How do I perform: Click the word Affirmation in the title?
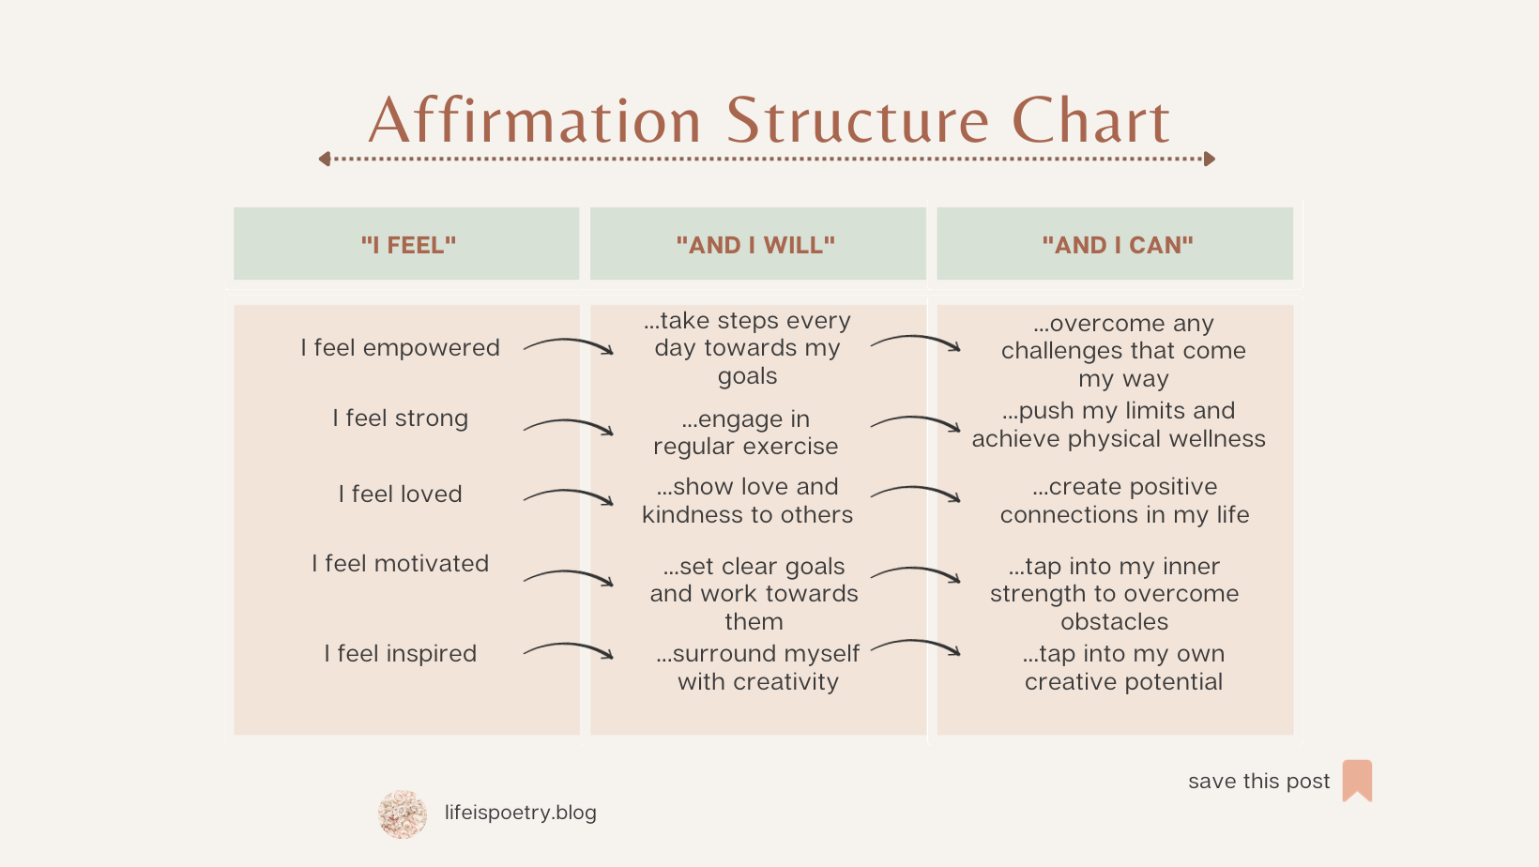pyautogui.click(x=535, y=122)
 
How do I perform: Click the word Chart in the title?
pyautogui.click(x=1090, y=122)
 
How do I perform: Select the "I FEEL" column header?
pyautogui.click(x=408, y=245)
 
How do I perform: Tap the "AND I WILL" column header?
pyautogui.click(x=755, y=245)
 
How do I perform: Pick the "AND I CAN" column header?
pyautogui.click(x=1117, y=245)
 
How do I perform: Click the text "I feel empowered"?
pyautogui.click(x=400, y=348)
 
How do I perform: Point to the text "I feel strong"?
pyautogui.click(x=400, y=418)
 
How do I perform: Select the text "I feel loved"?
pyautogui.click(x=400, y=494)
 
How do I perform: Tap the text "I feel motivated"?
pyautogui.click(x=400, y=564)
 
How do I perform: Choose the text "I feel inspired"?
pyautogui.click(x=400, y=654)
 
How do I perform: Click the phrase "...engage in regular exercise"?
pyautogui.click(x=746, y=433)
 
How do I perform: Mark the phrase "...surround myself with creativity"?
pyautogui.click(x=758, y=668)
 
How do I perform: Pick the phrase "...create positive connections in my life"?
pyautogui.click(x=1124, y=501)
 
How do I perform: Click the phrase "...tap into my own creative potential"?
pyautogui.click(x=1124, y=668)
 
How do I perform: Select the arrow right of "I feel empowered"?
pyautogui.click(x=569, y=346)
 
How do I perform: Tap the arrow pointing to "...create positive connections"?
pyautogui.click(x=915, y=493)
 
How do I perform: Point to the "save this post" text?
pyautogui.click(x=1258, y=782)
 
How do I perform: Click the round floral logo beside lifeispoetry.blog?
pyautogui.click(x=403, y=814)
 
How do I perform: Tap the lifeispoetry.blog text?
pyautogui.click(x=520, y=813)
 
